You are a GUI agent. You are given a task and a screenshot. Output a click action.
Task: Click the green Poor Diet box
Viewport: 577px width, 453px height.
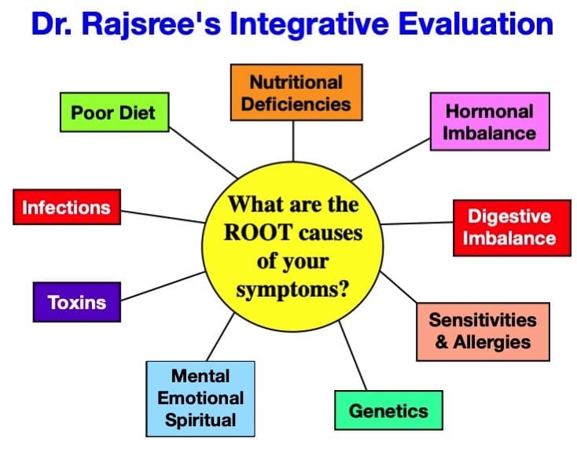click(115, 112)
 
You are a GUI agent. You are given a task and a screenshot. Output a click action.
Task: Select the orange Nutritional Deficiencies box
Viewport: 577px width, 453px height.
click(296, 93)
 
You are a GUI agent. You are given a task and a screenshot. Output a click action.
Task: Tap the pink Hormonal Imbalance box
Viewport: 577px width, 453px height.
click(490, 122)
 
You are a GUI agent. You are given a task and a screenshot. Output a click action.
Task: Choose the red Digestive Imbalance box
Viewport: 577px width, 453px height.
click(512, 228)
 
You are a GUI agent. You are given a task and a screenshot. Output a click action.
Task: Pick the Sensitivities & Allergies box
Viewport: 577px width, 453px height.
click(483, 331)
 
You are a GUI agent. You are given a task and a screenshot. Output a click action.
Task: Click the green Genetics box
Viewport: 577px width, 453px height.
click(388, 411)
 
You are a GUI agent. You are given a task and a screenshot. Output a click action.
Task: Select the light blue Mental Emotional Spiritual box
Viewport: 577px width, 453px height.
click(200, 399)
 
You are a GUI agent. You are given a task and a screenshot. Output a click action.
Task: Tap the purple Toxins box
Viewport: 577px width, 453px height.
click(77, 302)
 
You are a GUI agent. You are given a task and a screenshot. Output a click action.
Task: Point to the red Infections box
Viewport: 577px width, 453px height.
click(67, 207)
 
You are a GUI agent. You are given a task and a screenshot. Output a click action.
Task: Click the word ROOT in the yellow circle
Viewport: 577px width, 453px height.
click(257, 233)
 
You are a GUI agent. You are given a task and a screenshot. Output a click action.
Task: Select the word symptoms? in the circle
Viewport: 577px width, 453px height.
click(292, 289)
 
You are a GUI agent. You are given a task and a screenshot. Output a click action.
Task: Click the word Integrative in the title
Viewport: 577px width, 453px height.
click(310, 24)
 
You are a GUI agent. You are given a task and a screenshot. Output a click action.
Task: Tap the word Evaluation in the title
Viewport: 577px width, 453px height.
click(476, 24)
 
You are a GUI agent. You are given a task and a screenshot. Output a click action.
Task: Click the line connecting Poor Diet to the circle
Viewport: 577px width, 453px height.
click(203, 153)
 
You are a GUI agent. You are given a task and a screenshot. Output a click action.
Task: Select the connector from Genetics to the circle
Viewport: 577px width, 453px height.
click(352, 355)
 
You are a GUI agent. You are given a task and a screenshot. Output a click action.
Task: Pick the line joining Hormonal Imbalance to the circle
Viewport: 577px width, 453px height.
click(391, 160)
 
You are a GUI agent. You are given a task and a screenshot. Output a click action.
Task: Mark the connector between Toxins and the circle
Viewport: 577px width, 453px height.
click(163, 286)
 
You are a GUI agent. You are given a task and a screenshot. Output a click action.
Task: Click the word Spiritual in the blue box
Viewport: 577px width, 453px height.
click(200, 421)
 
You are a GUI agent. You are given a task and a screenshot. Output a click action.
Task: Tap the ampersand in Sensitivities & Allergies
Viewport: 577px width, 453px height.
click(442, 342)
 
